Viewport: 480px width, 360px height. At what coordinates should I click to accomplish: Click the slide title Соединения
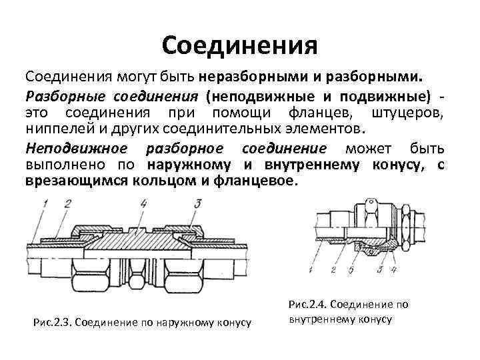pos(239,45)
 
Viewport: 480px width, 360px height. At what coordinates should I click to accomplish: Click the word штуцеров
pos(409,112)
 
